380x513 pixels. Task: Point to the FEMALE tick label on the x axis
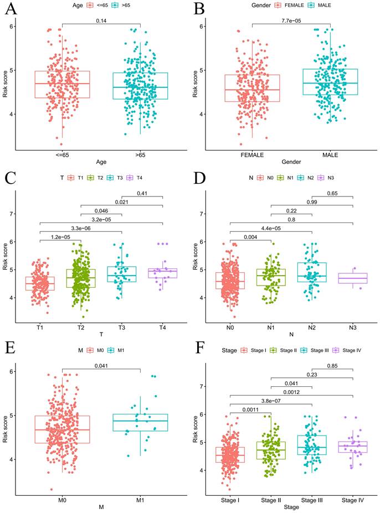click(251, 154)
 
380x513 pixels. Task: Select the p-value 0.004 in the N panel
click(250, 237)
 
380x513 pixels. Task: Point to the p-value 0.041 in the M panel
click(101, 365)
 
